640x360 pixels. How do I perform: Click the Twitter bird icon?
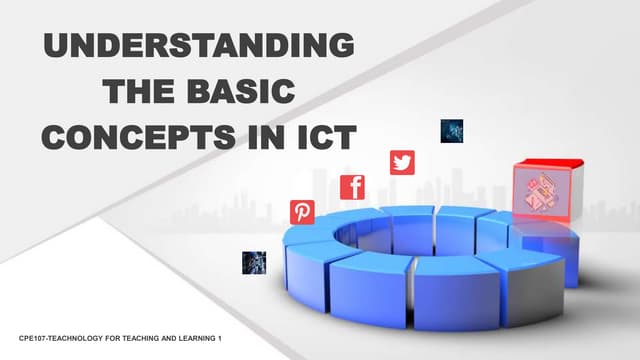coord(402,162)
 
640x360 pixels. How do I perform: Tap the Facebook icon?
coord(352,187)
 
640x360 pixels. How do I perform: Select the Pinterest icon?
coord(302,212)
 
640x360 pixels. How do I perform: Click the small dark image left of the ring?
coord(254,262)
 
